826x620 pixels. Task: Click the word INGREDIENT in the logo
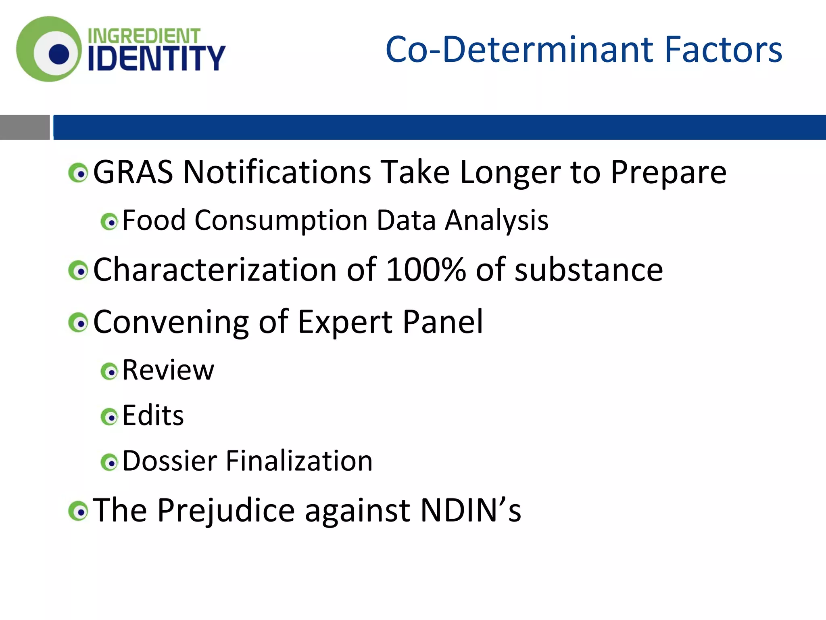pos(144,36)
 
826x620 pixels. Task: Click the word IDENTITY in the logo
pos(156,58)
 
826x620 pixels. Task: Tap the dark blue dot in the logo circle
pos(59,54)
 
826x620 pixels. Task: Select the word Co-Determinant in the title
pos(520,50)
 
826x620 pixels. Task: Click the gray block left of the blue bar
pos(25,127)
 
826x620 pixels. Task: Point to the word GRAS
pos(133,172)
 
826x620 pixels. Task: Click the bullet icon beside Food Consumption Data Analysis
pos(109,222)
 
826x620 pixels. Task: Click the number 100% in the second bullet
pos(426,270)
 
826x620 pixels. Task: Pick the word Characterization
pos(215,270)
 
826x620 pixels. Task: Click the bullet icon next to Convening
pos(78,323)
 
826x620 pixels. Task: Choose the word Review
pos(168,370)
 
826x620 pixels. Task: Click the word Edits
pos(153,415)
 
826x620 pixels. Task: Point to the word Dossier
pos(170,461)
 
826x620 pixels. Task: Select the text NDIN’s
pos(471,510)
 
